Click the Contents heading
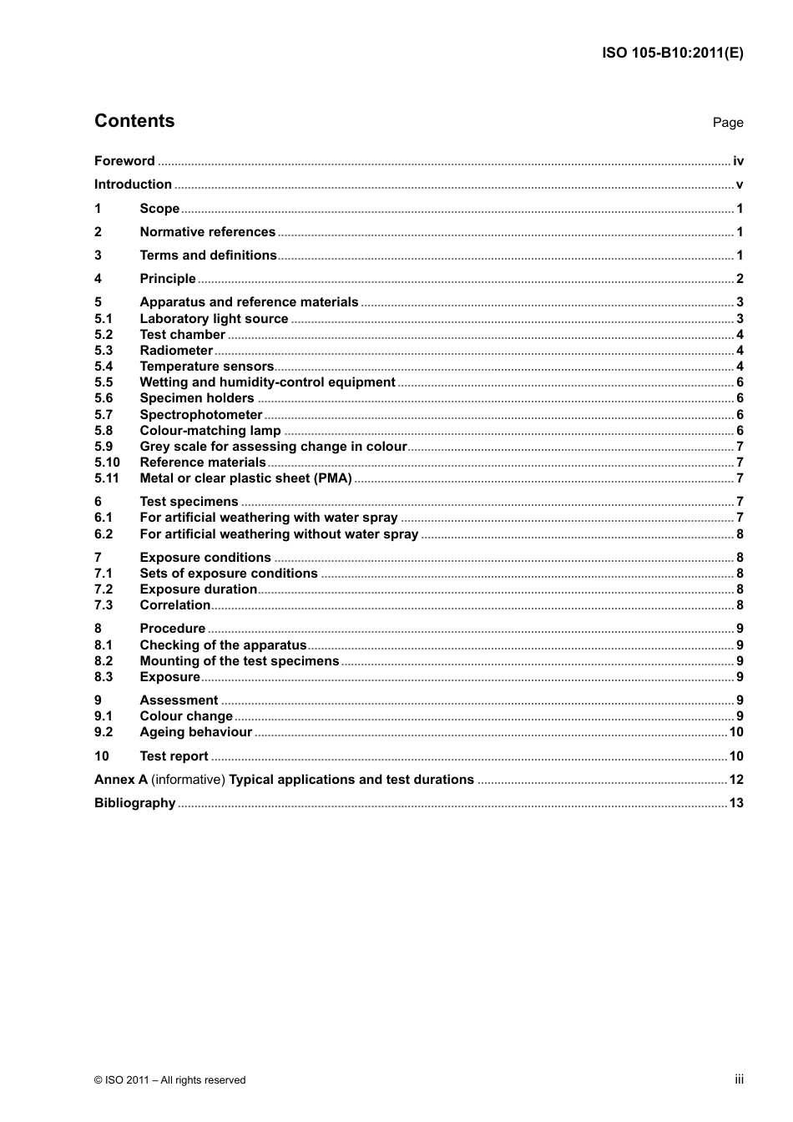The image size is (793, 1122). (x=134, y=121)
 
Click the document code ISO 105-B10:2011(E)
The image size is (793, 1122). (x=672, y=53)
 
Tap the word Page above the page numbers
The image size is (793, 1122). (x=727, y=123)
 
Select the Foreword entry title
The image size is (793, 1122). (x=124, y=161)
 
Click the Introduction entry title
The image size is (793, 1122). (x=133, y=184)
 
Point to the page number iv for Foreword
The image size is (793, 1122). (x=738, y=161)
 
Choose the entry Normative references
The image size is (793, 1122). (x=207, y=232)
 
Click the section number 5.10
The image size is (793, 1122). (x=107, y=462)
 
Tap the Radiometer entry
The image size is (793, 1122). (x=176, y=351)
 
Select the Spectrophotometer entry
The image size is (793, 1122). (x=201, y=415)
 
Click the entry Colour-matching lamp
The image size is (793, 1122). (x=210, y=431)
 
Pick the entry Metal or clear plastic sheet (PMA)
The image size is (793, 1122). (x=245, y=478)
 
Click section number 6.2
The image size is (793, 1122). (x=104, y=534)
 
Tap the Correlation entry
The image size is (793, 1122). (x=175, y=605)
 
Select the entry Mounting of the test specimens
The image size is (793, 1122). (x=240, y=661)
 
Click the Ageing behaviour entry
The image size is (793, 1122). (x=195, y=732)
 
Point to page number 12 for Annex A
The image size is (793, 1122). (x=735, y=780)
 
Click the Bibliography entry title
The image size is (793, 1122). (x=134, y=803)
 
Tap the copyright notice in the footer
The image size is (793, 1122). (x=170, y=1080)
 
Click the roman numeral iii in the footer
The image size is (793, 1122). (x=739, y=1079)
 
